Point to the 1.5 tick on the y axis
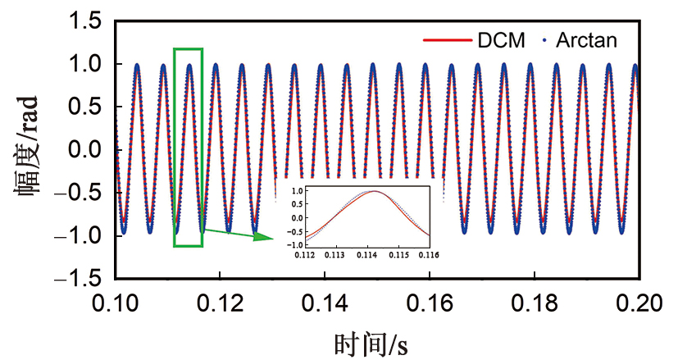[86, 22]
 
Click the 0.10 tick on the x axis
[116, 303]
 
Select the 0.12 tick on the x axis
[221, 303]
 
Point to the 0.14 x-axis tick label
[325, 303]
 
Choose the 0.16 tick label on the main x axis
[430, 303]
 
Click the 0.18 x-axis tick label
[535, 303]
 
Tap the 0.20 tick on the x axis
[639, 303]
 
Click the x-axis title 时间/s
[371, 342]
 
